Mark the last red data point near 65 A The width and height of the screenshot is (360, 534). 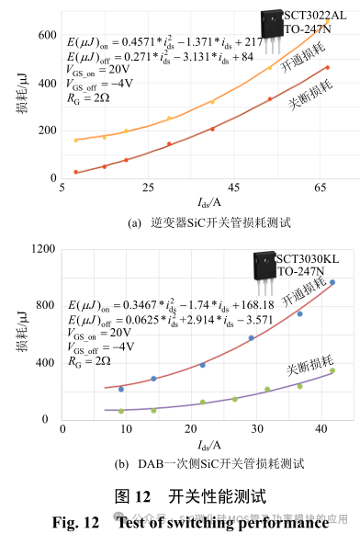click(x=327, y=67)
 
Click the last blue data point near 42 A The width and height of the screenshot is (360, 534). click(x=332, y=283)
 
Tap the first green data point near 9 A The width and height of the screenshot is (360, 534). click(x=120, y=411)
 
